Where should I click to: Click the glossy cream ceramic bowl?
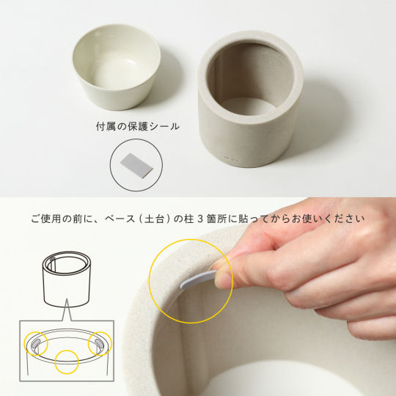tap(117, 67)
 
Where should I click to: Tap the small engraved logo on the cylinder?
tap(232, 159)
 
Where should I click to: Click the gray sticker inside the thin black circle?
tap(136, 166)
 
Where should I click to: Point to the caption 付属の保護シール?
tap(138, 127)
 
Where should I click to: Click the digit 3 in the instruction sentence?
tap(199, 219)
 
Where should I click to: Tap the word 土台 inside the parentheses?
tap(154, 219)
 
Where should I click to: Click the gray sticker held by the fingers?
tap(198, 279)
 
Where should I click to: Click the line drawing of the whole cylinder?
tap(67, 279)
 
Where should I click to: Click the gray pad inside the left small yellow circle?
tap(36, 343)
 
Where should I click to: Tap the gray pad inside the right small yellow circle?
tap(99, 342)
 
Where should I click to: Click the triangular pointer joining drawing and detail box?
tap(67, 310)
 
